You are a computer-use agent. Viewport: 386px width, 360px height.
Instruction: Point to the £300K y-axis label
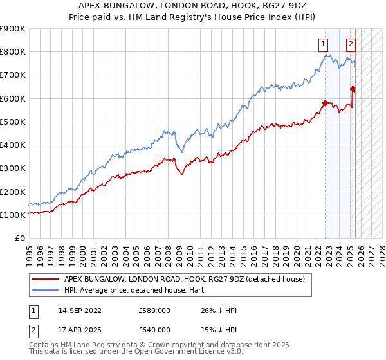coord(13,168)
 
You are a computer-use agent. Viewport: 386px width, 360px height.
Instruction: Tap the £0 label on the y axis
coord(19,239)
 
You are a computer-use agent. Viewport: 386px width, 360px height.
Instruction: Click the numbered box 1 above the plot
coord(322,44)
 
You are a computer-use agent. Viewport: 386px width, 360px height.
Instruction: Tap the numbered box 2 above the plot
coord(351,44)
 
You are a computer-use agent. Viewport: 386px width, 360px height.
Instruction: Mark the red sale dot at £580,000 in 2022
coord(326,103)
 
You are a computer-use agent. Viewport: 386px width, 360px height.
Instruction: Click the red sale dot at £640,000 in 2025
coord(353,89)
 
